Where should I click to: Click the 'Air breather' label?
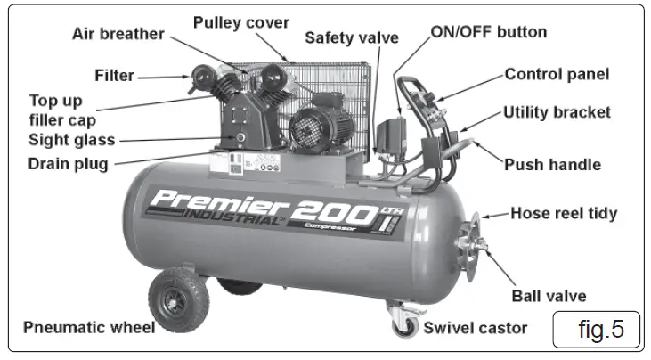118,35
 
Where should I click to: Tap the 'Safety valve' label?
351,38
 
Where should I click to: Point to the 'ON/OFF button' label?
489,32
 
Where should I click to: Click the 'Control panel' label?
557,75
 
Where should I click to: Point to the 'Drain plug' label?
68,163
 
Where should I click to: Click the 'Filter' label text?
114,76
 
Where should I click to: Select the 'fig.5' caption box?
595,329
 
